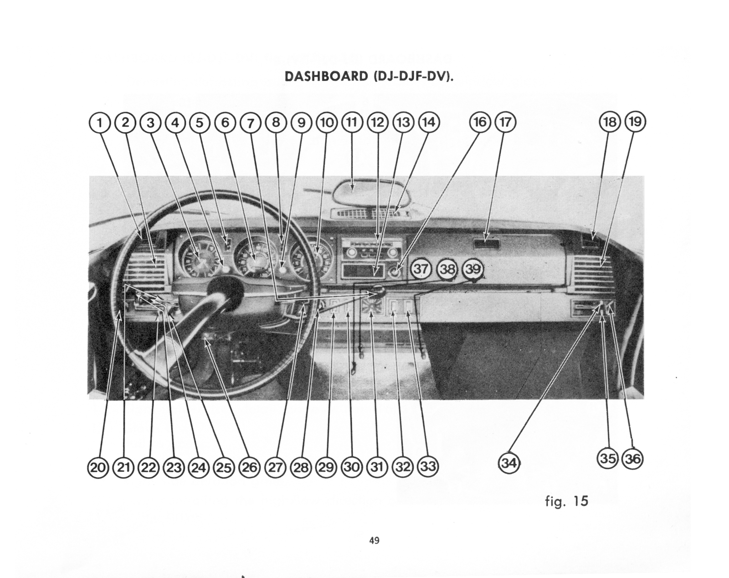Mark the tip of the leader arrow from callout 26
pos(205,340)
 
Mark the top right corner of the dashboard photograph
pos(644,176)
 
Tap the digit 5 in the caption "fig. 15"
pos(584,501)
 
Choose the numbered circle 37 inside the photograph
pos(421,269)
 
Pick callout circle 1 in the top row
pos(100,123)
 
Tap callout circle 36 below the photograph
pos(632,459)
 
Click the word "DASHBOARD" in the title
pos(326,77)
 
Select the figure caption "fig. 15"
pos(566,501)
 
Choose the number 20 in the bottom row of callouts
pos(98,468)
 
